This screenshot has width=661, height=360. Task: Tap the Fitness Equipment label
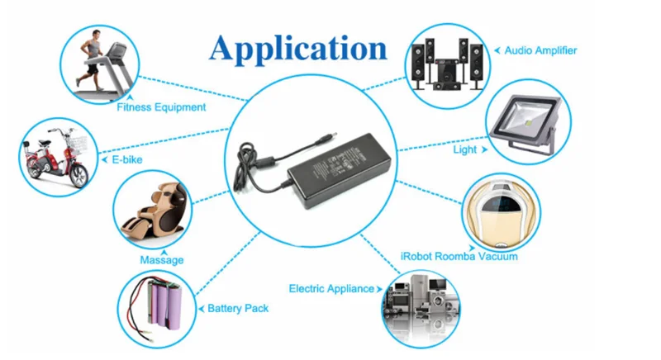161,107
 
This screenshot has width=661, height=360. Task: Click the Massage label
162,260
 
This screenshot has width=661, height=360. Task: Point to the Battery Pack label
238,308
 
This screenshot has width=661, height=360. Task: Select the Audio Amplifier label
540,50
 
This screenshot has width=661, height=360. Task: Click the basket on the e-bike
78,143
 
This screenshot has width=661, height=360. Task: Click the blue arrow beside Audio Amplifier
497,50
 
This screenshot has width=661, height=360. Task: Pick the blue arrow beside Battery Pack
200,308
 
